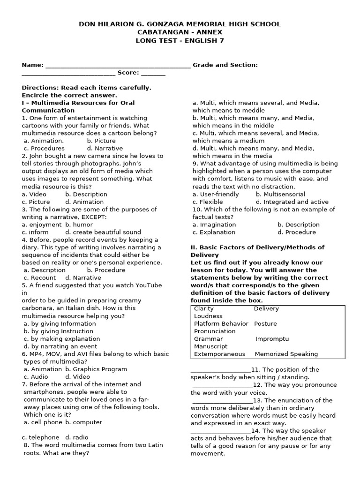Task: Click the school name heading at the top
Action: click(180, 24)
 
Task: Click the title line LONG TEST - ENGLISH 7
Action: click(180, 41)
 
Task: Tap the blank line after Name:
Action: click(118, 65)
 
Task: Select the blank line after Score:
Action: click(153, 73)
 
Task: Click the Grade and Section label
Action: click(225, 65)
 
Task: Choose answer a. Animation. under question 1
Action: click(44, 141)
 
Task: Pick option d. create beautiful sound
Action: click(103, 232)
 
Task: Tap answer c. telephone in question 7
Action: click(41, 437)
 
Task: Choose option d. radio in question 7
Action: click(77, 437)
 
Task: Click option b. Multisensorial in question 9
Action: click(280, 194)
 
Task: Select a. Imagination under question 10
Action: click(214, 225)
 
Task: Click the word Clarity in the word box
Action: click(204, 308)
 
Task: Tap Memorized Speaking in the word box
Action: click(286, 354)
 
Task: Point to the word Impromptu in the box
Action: click(272, 339)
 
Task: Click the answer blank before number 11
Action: click(221, 369)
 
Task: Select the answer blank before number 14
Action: click(221, 430)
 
